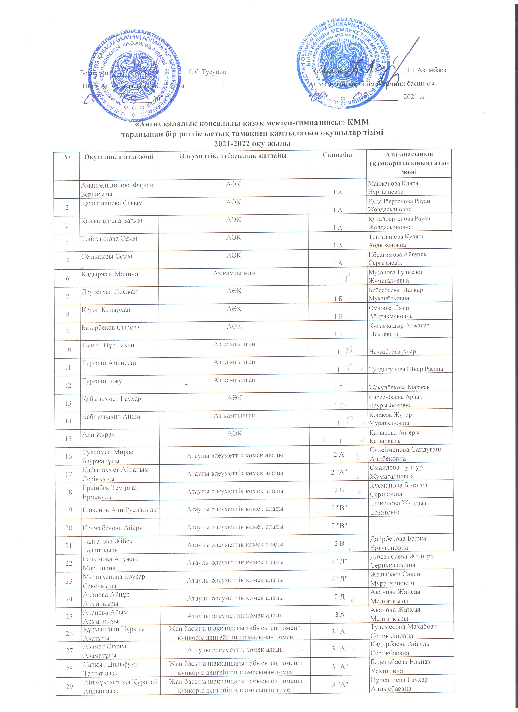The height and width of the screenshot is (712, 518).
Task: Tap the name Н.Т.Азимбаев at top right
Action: coord(425,70)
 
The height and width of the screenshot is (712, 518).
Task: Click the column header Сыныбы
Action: coord(337,155)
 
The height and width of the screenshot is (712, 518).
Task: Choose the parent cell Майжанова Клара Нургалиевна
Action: coord(393,187)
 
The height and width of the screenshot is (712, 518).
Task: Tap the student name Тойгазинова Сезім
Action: coord(109,239)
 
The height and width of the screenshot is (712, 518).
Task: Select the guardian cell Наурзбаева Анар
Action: coord(392,352)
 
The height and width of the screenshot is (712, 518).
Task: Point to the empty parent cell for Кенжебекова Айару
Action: coord(411,526)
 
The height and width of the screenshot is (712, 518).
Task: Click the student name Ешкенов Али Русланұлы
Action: coord(120,510)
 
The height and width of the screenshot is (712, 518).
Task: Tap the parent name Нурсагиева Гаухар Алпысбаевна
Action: coord(399,684)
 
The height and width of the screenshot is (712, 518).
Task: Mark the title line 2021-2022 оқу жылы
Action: coord(252,144)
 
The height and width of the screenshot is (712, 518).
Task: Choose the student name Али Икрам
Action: coord(99,435)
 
